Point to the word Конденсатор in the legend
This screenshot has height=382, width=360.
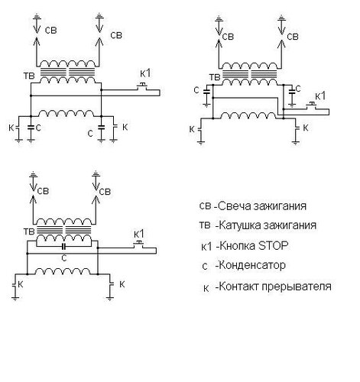tap(252, 265)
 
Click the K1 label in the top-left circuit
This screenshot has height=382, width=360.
tap(145, 73)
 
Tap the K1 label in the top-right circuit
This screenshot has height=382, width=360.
tap(320, 96)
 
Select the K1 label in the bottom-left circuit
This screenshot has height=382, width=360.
tap(139, 234)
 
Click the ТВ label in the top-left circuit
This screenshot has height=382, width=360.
tap(29, 76)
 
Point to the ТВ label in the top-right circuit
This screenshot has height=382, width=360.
tap(215, 77)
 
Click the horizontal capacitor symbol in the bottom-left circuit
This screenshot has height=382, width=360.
tap(64, 247)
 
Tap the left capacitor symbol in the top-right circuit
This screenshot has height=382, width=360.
tap(206, 92)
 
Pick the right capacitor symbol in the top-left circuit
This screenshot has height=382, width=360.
tap(101, 127)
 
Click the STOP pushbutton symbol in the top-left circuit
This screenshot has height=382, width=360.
tap(143, 86)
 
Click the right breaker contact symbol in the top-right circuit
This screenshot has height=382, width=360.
tap(296, 128)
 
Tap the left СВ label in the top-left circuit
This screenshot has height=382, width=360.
tap(50, 31)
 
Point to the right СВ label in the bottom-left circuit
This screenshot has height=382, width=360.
tap(105, 192)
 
